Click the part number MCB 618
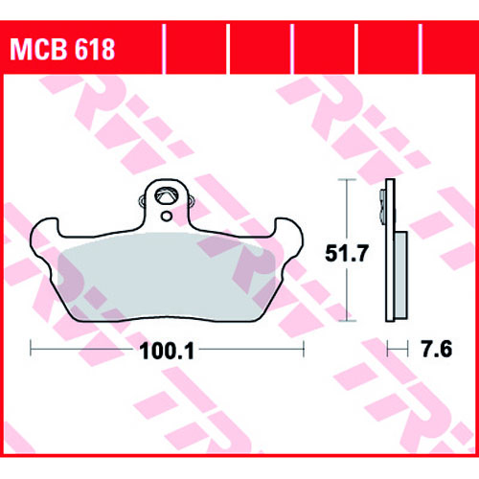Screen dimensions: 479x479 click(62, 50)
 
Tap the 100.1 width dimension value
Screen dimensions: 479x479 click(167, 352)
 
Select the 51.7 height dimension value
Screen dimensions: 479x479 click(347, 253)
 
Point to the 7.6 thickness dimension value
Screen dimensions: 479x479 click(437, 349)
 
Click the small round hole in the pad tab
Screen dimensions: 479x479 click(167, 217)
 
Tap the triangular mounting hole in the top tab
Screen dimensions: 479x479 click(166, 196)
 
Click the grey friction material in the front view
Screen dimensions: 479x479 click(166, 276)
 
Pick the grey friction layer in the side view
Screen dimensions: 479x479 click(401, 275)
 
